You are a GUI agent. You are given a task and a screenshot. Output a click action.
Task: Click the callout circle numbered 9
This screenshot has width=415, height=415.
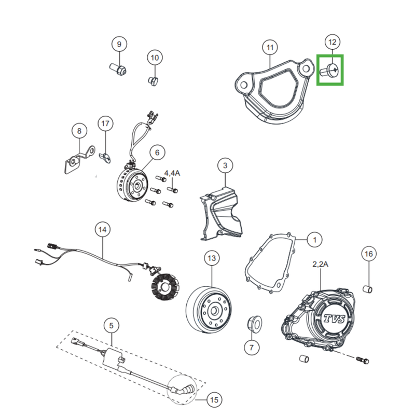(119, 44)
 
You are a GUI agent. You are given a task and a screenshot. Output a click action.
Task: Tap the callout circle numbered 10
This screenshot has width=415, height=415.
(155, 58)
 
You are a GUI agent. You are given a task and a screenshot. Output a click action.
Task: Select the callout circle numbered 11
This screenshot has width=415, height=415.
(270, 48)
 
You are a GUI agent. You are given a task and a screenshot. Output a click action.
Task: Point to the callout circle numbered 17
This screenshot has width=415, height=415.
(105, 123)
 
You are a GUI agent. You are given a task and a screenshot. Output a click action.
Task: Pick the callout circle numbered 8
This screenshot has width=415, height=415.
(79, 131)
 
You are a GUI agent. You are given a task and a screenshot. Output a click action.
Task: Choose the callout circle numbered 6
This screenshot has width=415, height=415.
(157, 153)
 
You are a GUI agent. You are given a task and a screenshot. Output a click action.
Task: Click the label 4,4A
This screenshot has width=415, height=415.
(172, 173)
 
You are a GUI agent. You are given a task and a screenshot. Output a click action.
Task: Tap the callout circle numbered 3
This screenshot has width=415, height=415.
(225, 166)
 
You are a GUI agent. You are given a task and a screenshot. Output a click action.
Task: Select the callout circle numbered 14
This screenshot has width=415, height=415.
(102, 229)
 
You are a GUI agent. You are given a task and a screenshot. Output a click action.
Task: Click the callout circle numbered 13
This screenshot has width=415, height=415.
(211, 258)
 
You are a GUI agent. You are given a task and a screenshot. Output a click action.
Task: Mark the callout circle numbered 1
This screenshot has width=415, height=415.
(314, 240)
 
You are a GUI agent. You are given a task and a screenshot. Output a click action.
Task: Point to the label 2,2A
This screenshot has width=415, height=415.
(320, 264)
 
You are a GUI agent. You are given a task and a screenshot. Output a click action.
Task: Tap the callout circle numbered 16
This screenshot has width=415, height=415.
(368, 254)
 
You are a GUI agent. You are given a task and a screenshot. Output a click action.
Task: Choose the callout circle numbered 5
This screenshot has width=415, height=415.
(111, 326)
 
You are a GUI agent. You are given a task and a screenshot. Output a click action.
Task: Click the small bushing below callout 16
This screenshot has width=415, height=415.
(368, 288)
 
